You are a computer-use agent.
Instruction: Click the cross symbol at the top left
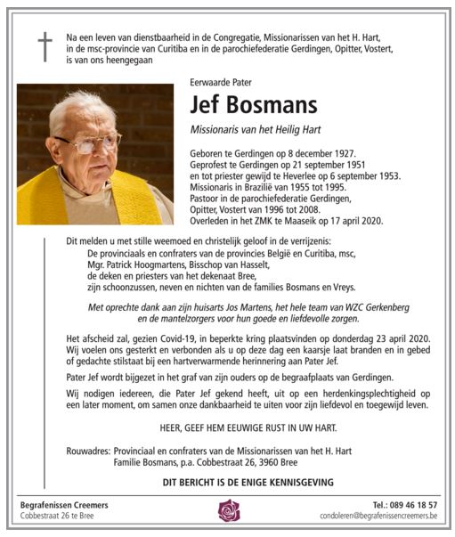pos(45,47)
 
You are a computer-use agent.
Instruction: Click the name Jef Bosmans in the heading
pos(254,105)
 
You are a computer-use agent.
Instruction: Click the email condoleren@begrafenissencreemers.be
pos(379,517)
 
